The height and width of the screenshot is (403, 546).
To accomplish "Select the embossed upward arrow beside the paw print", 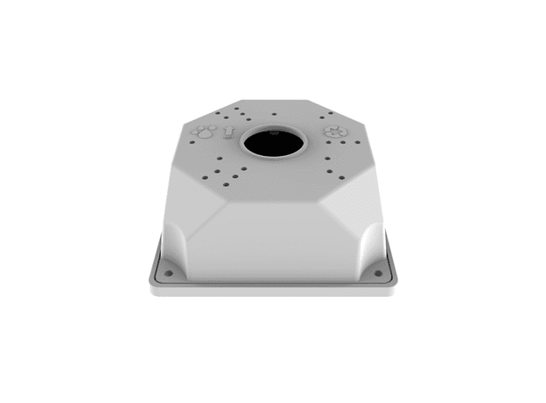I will [x=228, y=133].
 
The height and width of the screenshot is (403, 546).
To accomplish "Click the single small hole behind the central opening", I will [x=274, y=114].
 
